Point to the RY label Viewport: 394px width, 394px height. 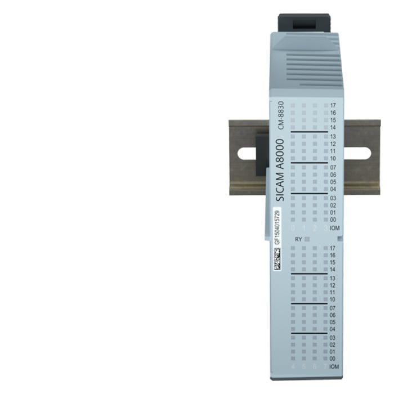pos(298,239)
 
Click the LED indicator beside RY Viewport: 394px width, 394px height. pos(307,239)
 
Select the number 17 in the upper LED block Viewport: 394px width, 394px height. pos(333,106)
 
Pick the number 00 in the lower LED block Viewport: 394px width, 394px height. pos(333,359)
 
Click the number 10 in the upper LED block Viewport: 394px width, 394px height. pos(333,159)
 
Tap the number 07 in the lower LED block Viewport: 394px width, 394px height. pos(333,308)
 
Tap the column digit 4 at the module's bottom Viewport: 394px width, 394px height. pos(293,368)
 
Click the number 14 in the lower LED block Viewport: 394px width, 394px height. pos(333,270)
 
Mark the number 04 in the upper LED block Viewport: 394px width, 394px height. pos(333,189)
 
